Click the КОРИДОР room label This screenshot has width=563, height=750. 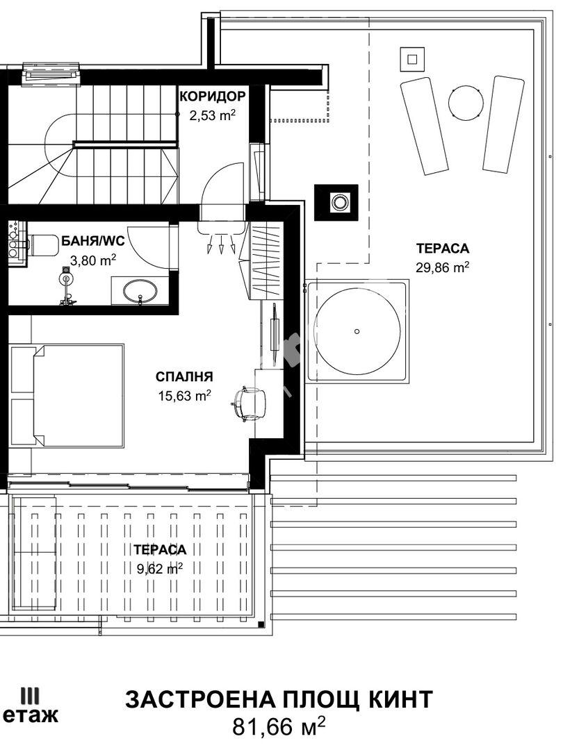[x=213, y=97]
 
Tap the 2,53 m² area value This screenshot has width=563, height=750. [x=213, y=116]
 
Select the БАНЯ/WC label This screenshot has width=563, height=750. [x=93, y=241]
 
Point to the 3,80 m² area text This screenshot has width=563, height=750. [x=93, y=260]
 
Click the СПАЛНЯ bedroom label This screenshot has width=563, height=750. [x=184, y=377]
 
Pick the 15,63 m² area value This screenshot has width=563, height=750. [x=184, y=396]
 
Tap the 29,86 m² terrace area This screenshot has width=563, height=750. [x=442, y=267]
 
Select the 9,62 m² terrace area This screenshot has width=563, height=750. [x=160, y=568]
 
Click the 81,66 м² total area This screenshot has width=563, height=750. [x=279, y=726]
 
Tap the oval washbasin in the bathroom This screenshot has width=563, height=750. [x=140, y=290]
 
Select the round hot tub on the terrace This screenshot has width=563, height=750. [x=358, y=331]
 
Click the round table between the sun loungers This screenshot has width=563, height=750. [x=465, y=101]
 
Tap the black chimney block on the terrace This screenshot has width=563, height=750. [x=336, y=202]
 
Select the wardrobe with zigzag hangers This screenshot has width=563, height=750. [x=264, y=261]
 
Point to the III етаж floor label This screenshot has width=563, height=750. [x=30, y=706]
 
